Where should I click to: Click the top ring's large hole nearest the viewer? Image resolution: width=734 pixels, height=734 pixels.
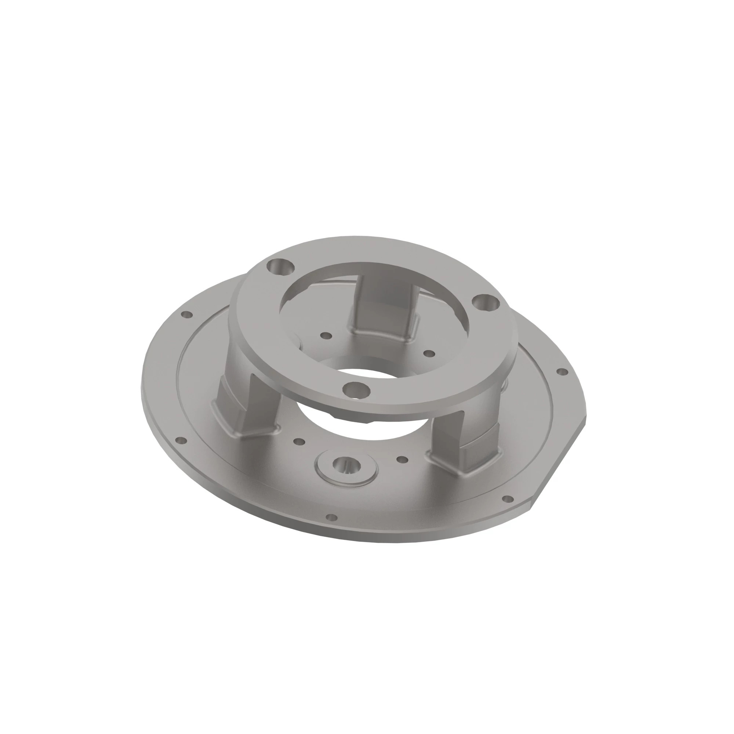pos(356,390)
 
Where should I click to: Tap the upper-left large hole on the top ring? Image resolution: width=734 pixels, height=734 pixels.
pos(281,268)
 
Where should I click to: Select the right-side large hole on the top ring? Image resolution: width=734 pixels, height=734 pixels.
pos(485,303)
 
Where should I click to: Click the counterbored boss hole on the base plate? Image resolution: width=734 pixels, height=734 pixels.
pos(346,464)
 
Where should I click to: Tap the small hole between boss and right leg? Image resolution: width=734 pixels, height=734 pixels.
pos(402,459)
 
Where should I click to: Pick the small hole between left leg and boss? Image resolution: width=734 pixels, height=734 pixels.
pos(299,442)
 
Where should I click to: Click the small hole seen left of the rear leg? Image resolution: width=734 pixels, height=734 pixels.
pos(326,335)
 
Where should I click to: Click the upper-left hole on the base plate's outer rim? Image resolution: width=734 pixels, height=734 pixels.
pos(187,315)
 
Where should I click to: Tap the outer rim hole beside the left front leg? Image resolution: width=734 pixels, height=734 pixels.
pos(181,440)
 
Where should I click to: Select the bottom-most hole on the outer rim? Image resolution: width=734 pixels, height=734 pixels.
pos(332,517)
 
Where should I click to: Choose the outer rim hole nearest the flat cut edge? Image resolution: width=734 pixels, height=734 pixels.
pos(508,498)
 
